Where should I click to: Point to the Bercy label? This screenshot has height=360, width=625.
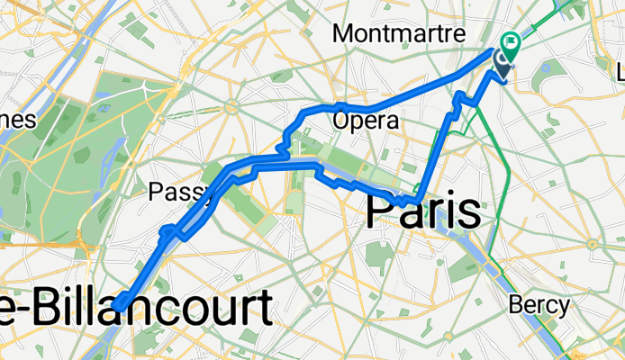coord(539,305)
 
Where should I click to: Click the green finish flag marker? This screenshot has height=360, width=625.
coord(512,40)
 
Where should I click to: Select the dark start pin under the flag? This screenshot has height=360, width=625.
coord(503,61)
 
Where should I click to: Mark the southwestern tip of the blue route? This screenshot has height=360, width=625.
coord(118,308)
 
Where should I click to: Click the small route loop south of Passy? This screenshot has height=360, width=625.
coord(169,234)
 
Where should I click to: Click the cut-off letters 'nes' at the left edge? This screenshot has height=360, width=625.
coord(17,121)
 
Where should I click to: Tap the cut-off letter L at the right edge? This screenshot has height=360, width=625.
coord(619,70)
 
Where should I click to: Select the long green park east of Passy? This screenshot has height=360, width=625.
coord(249,193)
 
